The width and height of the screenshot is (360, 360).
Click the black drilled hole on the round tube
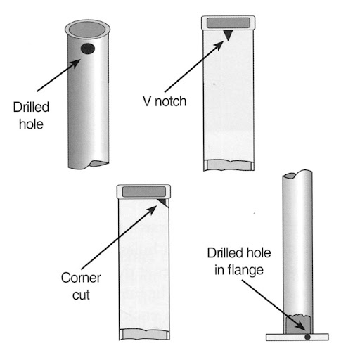(x=88, y=49)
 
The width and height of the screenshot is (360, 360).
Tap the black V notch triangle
(x=228, y=34)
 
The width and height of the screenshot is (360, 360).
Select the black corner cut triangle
(x=163, y=202)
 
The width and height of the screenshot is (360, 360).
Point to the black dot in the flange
(x=307, y=337)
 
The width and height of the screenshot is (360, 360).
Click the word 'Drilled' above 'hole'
(x=31, y=107)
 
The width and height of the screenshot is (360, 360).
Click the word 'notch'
(x=170, y=101)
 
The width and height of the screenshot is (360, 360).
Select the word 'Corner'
(x=81, y=278)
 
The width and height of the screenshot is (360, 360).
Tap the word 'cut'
(x=81, y=295)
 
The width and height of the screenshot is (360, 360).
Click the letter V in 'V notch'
(x=147, y=101)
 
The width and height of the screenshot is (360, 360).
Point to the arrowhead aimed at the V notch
(x=220, y=45)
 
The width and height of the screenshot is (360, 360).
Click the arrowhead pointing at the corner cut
(x=153, y=210)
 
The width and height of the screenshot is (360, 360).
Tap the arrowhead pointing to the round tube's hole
(x=76, y=63)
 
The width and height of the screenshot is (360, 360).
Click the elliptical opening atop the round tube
(x=87, y=30)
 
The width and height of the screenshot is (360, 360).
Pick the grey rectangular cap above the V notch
(x=229, y=22)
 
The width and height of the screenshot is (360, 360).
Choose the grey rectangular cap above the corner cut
(x=144, y=191)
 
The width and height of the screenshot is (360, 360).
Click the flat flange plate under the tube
(x=297, y=337)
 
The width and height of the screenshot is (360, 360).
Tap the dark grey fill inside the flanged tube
(x=298, y=324)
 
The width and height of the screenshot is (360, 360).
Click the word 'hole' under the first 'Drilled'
(x=31, y=124)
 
